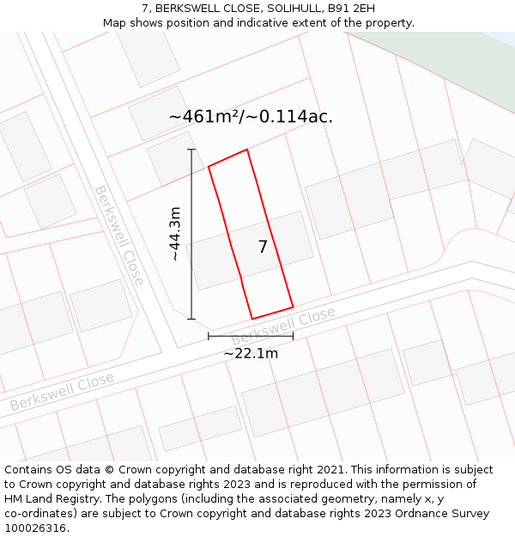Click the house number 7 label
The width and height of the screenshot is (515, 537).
coord(263,247)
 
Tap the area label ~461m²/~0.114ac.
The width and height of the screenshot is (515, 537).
coord(251,117)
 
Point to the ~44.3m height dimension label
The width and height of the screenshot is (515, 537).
coord(174,234)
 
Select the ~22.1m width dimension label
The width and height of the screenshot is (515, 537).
coord(251,353)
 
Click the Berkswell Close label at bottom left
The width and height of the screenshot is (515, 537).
coord(62,391)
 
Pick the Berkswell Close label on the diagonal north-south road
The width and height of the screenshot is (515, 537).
coord(119,235)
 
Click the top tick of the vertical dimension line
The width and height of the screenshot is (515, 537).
coord(191,150)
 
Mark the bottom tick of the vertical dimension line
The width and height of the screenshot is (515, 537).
coord(191,319)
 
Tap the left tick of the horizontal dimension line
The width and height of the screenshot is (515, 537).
coord(209,336)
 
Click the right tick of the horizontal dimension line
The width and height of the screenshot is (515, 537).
coord(293,336)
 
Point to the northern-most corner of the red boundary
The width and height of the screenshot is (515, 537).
coord(247,150)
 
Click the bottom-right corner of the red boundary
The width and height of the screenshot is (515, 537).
coord(293,307)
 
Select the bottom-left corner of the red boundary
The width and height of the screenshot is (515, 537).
coord(251,319)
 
